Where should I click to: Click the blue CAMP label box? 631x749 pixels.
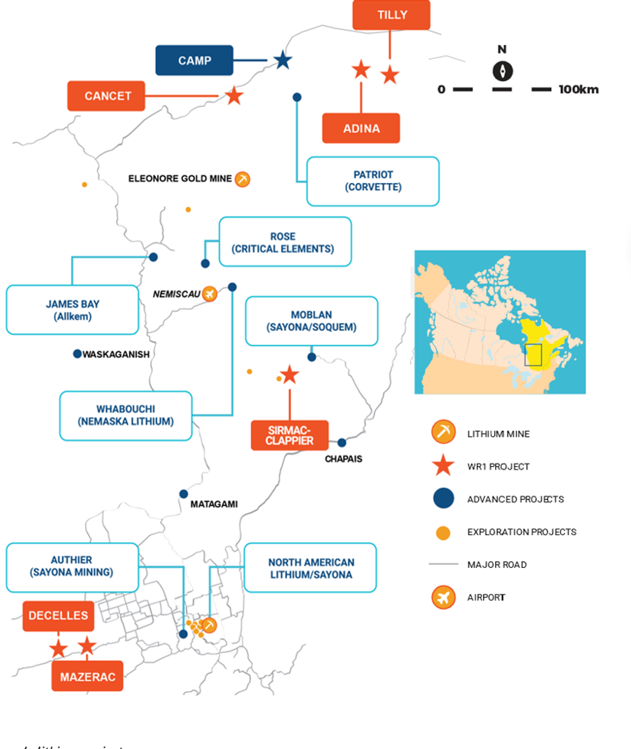(194, 61)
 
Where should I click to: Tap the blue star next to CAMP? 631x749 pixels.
(282, 61)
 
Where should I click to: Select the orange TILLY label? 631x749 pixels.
(391, 15)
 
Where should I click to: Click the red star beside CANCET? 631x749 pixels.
(234, 96)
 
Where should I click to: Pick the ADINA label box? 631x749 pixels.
(361, 128)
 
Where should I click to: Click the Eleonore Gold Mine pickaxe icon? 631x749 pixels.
(242, 179)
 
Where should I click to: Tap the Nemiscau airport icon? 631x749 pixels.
(209, 294)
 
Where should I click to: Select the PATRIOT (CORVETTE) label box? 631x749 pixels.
(373, 181)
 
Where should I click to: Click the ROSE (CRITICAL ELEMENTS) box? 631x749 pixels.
(285, 242)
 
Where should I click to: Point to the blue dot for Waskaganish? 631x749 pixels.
(77, 353)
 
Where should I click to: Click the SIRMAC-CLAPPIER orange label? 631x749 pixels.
(289, 435)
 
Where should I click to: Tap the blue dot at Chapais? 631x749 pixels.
(342, 442)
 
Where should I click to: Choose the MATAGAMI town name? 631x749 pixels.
(214, 504)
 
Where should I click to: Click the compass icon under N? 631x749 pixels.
(502, 71)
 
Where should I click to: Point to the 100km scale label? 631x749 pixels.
(578, 90)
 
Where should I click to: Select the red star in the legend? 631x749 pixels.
(444, 466)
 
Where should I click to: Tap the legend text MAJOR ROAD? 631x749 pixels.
(497, 565)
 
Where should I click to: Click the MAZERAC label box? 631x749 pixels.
(87, 676)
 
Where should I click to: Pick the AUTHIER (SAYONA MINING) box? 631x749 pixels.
(72, 567)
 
